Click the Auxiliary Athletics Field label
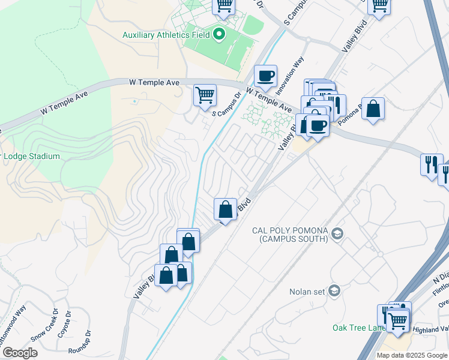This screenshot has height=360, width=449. point(166,35)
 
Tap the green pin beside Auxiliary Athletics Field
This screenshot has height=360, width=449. point(218,34)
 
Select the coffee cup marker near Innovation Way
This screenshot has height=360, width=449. point(265,76)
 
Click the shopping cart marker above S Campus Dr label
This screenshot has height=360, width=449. point(205,95)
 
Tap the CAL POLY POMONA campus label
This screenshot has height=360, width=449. point(289,235)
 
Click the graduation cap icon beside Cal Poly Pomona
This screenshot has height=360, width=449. point(337,233)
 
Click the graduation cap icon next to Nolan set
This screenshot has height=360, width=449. point(334,292)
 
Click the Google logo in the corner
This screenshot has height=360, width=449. point(20,353)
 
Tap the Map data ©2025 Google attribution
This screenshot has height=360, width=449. point(412,355)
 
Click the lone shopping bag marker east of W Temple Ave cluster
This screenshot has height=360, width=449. point(373,109)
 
